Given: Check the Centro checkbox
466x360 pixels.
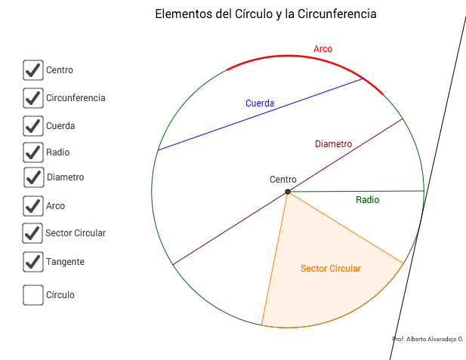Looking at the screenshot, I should [32, 70].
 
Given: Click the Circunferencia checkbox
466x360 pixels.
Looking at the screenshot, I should [32, 98].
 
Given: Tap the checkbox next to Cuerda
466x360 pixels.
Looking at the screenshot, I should [32, 126].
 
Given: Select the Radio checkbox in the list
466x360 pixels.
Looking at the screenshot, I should [32, 152].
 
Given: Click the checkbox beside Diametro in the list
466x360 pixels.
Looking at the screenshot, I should [33, 177].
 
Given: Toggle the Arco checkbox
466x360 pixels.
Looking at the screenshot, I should [32, 205].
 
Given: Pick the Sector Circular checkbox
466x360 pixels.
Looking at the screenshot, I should [32, 233].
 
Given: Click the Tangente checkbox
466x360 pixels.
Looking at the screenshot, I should [32, 262].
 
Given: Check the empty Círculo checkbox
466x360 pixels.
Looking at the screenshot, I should [32, 295].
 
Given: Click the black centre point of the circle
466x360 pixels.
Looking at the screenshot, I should [288, 192].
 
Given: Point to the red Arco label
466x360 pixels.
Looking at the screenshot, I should [322, 49].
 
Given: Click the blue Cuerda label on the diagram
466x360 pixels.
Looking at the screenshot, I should [259, 103].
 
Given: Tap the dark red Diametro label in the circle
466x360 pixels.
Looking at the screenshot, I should [333, 144].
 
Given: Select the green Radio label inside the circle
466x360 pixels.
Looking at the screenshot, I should [367, 200].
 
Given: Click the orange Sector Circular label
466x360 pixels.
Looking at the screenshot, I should [330, 269].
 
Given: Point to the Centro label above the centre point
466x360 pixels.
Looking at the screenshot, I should [283, 180].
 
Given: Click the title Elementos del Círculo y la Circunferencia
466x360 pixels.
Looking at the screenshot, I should [265, 14].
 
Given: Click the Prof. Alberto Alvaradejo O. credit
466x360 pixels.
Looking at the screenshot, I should [427, 340].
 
